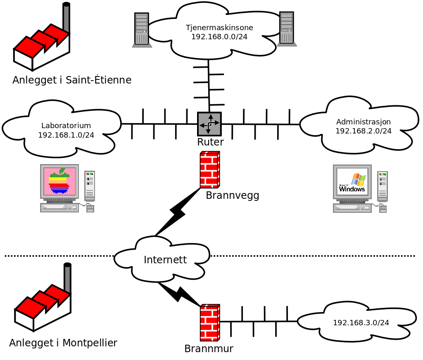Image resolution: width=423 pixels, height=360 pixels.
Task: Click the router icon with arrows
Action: (x=209, y=124)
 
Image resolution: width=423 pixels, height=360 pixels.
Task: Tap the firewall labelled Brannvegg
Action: (x=209, y=170)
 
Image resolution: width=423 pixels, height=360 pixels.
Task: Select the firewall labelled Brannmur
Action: (x=209, y=322)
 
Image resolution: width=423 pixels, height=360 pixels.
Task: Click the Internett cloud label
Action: (x=165, y=260)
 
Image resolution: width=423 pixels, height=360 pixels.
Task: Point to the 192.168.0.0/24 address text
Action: (x=219, y=36)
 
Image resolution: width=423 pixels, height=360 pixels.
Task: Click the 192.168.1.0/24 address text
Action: (x=66, y=135)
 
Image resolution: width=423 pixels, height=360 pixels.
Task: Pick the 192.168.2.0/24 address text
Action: (x=364, y=131)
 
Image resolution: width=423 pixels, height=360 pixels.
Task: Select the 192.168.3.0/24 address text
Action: (x=361, y=323)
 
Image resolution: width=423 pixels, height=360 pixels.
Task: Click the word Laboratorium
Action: (x=66, y=126)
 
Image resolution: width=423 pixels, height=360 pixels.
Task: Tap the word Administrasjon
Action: (x=364, y=122)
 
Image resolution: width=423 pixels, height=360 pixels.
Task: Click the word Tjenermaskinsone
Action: (x=219, y=28)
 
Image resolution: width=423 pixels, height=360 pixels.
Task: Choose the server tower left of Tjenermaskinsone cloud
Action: (x=142, y=30)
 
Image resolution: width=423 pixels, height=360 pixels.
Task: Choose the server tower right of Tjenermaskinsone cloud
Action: (x=287, y=29)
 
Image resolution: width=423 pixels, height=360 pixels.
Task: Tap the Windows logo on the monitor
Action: (x=352, y=183)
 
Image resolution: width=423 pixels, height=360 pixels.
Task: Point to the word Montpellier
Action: (x=90, y=343)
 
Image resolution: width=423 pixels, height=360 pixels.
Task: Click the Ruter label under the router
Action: (x=210, y=142)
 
